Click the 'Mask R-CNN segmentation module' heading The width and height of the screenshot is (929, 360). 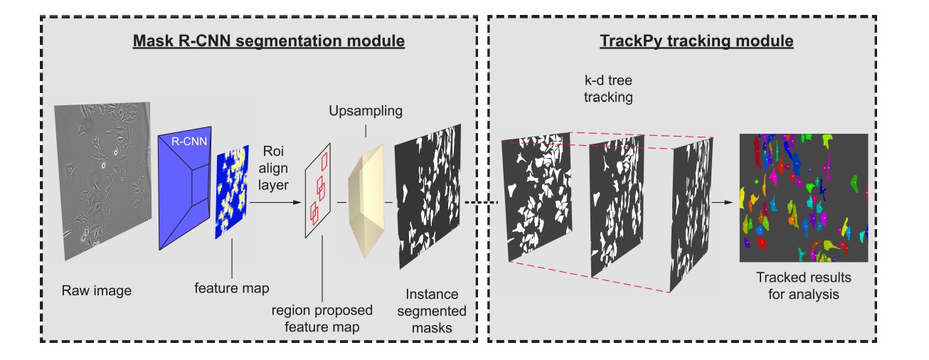268,41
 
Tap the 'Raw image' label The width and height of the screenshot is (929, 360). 98,290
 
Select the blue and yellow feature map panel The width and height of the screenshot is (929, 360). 232,191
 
